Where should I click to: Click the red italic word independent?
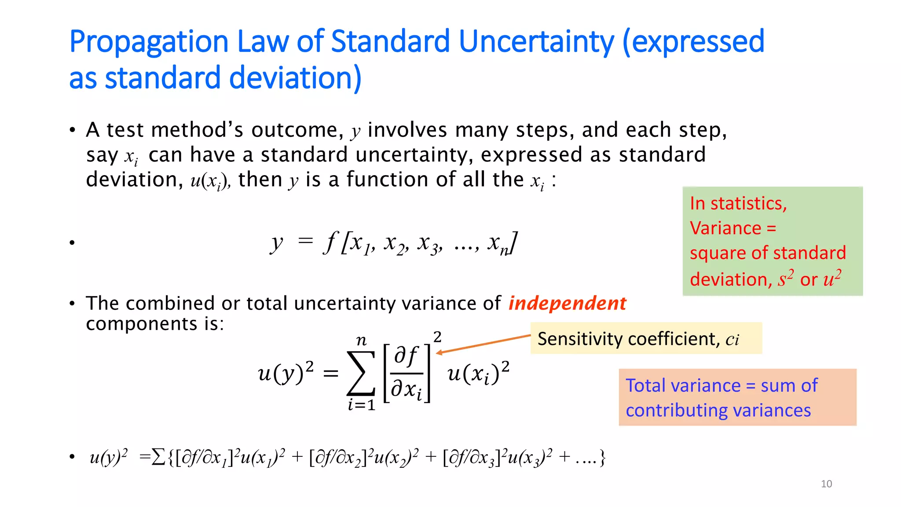coord(567,303)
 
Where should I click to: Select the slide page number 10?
coord(826,484)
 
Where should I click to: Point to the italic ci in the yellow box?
coord(732,339)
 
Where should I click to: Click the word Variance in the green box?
coord(725,228)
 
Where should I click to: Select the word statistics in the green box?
coord(748,203)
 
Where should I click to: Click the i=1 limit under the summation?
coord(361,405)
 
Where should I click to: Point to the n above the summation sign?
coord(361,340)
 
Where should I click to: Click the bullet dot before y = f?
coord(72,242)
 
